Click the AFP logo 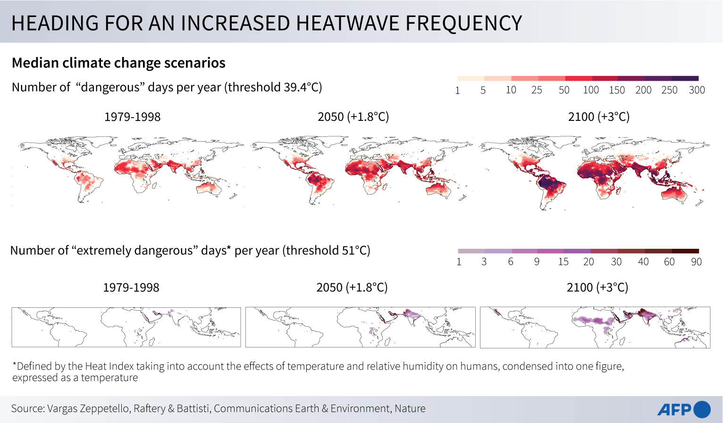tap(684, 409)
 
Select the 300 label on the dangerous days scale tap(697, 90)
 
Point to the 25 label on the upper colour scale tap(537, 90)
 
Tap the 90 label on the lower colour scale tap(696, 262)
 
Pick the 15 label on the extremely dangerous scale tap(563, 262)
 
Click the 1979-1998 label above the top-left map tap(132, 117)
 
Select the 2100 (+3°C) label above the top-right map tap(598, 117)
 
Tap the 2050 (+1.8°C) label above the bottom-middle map tap(352, 288)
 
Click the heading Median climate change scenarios tap(118, 63)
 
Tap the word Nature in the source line tap(410, 408)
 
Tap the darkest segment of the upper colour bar tap(685, 78)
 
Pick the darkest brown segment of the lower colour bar tap(685, 251)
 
